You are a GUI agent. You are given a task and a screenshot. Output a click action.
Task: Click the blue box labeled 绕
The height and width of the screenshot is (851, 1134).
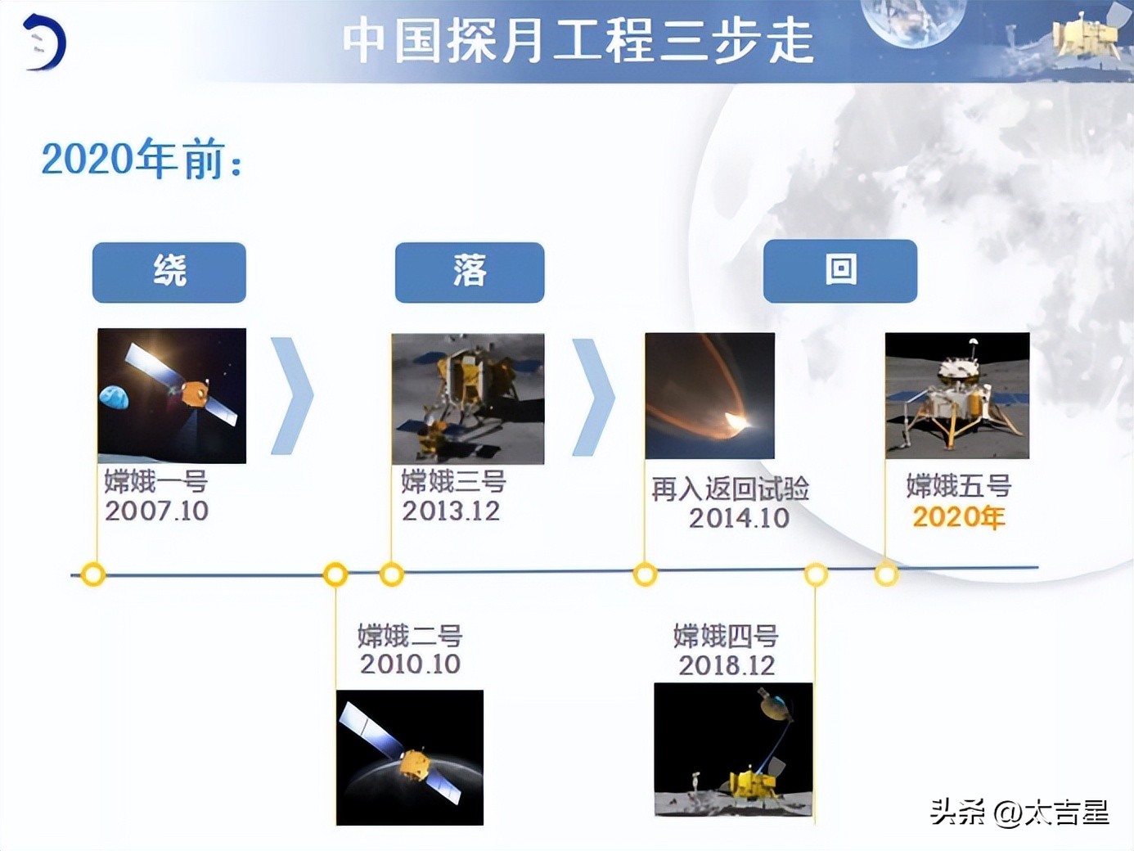coord(169,272)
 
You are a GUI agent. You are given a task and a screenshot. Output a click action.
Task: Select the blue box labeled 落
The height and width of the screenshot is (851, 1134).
coord(469,272)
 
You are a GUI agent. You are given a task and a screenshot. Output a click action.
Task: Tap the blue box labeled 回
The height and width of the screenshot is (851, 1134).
coord(839,271)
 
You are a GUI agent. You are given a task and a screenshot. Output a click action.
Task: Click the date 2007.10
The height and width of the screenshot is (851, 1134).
coord(156,511)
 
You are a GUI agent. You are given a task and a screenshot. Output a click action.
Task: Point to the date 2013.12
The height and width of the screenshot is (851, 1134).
coord(451,511)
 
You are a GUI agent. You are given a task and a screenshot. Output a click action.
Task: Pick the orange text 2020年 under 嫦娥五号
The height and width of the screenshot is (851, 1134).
coord(958,517)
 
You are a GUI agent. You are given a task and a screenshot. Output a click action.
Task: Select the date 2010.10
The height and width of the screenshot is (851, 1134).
coord(410,664)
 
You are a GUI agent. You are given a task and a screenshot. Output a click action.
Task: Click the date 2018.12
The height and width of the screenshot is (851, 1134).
coord(727,665)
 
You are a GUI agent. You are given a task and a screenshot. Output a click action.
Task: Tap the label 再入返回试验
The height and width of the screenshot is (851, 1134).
coord(730,489)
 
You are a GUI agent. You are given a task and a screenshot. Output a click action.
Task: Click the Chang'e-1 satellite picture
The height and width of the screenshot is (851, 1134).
coord(172,395)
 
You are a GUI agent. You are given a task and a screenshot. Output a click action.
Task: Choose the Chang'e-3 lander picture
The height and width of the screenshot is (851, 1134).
coord(468,398)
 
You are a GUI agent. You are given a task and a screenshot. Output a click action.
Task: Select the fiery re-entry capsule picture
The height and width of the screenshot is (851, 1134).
coord(709,395)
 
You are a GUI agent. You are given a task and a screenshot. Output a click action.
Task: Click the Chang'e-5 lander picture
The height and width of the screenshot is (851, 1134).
coord(957,395)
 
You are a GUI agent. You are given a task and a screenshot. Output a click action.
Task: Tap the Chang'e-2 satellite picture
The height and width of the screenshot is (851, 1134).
coord(410,757)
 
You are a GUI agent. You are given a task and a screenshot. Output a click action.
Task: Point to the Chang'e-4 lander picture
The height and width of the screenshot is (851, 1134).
coord(733,750)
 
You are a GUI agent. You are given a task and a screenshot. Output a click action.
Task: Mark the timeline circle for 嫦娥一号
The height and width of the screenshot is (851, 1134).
coord(93,574)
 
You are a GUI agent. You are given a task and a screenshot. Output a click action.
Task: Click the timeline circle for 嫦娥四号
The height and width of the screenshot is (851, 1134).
coord(816,574)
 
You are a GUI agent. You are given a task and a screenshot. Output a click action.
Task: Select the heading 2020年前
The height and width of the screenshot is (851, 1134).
coord(142,159)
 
